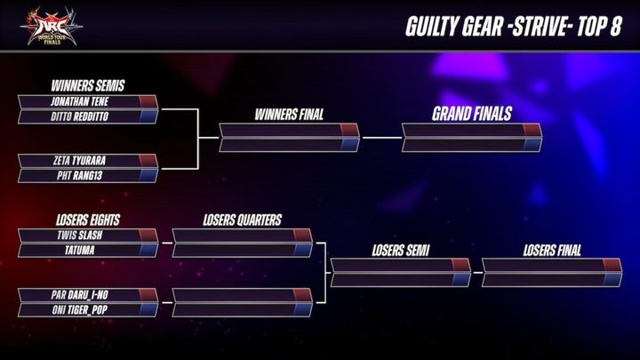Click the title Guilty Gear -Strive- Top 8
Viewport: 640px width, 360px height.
(513, 25)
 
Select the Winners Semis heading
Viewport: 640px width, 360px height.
(88, 86)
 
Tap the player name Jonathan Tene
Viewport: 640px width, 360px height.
(78, 102)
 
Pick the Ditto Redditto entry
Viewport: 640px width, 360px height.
(78, 116)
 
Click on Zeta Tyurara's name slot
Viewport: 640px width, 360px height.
(78, 162)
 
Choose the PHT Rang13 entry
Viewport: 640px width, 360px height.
(78, 175)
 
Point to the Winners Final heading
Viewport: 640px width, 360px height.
(289, 115)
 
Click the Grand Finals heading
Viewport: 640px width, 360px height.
(472, 115)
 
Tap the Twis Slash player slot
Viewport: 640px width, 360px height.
(78, 236)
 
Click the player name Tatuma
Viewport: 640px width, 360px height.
(78, 250)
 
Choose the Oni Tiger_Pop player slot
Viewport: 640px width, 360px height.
(78, 308)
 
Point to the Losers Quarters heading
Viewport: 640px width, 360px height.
(242, 220)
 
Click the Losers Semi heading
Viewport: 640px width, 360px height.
(400, 251)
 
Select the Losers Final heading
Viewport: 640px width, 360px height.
(552, 251)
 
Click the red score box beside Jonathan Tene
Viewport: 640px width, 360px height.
(148, 102)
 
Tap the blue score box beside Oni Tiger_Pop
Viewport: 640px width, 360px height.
(148, 308)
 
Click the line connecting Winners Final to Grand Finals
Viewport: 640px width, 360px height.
(382, 138)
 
